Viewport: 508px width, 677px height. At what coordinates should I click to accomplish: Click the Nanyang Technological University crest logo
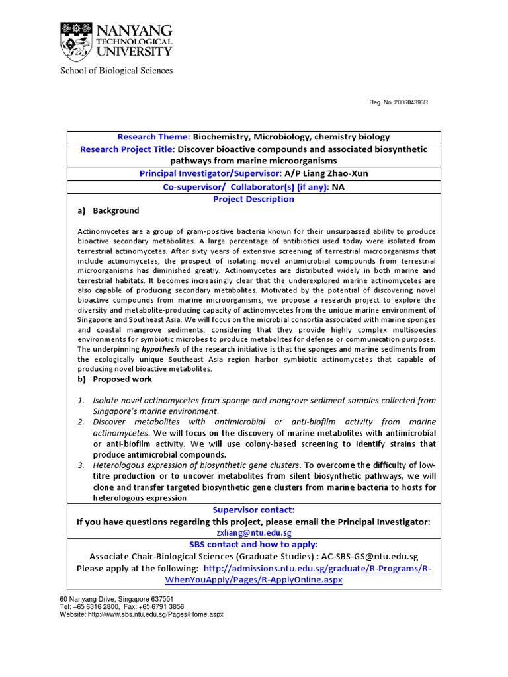[76, 42]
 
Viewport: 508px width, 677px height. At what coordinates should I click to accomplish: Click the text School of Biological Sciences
[116, 71]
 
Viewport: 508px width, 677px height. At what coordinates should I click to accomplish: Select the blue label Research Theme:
[153, 137]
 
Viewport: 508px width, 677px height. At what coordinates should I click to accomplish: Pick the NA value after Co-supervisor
[338, 187]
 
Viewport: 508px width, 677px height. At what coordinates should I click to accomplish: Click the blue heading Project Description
[253, 199]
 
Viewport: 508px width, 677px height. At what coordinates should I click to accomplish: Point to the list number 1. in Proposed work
[81, 400]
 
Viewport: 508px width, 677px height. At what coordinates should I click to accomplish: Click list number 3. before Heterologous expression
[81, 465]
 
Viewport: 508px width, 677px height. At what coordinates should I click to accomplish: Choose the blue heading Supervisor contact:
[253, 510]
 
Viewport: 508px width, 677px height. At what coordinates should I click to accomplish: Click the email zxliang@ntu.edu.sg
[253, 532]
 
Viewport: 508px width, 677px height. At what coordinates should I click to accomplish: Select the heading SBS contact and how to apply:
[253, 544]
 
